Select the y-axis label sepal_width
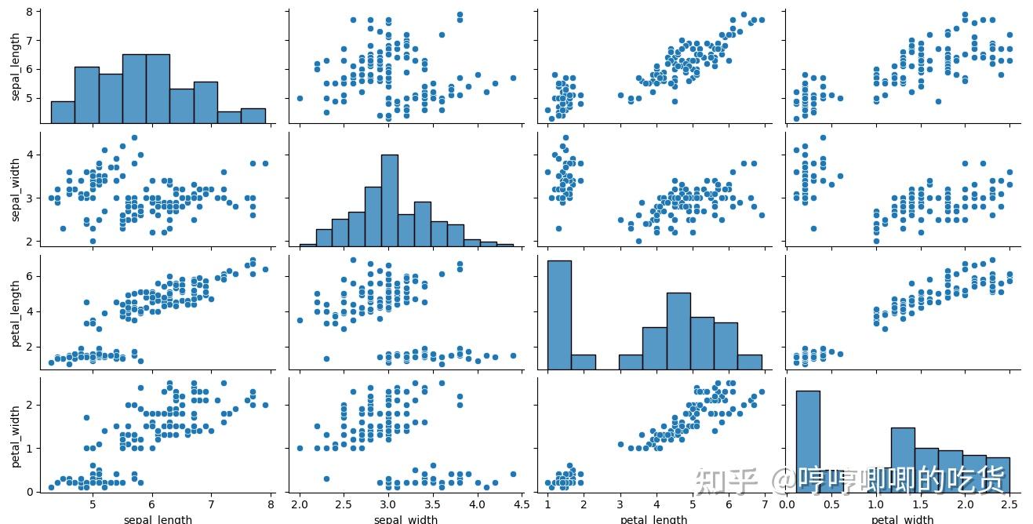pyautogui.click(x=16, y=188)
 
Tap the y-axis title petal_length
pyautogui.click(x=16, y=309)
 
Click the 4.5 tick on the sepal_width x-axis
pyautogui.click(x=518, y=503)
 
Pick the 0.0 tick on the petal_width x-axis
pyautogui.click(x=792, y=503)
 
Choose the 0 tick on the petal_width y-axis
pyautogui.click(x=27, y=492)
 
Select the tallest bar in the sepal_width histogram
pyautogui.click(x=389, y=200)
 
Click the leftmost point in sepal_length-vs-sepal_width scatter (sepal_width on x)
pyautogui.click(x=300, y=98)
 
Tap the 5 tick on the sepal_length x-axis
pyautogui.click(x=93, y=503)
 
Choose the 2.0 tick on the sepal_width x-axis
pyautogui.click(x=300, y=503)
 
